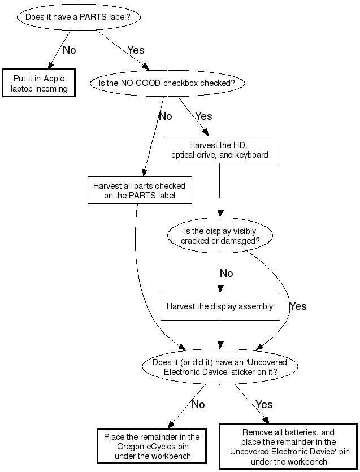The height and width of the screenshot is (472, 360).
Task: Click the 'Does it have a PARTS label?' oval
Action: click(x=79, y=17)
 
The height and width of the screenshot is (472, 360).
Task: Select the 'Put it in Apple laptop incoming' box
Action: click(x=39, y=83)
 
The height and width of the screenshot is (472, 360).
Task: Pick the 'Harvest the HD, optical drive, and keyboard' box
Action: click(x=219, y=150)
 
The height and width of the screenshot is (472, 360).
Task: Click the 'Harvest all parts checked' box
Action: click(x=139, y=190)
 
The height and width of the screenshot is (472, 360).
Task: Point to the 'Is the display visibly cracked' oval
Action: click(x=220, y=236)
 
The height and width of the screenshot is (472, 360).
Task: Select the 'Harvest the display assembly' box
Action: click(x=220, y=307)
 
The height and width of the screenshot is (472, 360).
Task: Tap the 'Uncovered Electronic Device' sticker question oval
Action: click(x=220, y=367)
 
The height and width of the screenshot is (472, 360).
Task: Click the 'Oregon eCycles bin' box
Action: click(x=151, y=447)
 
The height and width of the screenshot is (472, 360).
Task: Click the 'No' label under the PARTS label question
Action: click(x=69, y=50)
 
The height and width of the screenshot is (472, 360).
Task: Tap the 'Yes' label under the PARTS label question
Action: click(x=136, y=50)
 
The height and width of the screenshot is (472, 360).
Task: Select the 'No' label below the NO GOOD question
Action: click(x=165, y=116)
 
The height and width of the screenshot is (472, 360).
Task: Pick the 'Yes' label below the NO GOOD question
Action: click(x=203, y=116)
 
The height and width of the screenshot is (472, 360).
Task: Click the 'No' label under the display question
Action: click(x=226, y=274)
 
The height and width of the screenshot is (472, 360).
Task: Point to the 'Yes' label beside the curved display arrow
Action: click(x=298, y=306)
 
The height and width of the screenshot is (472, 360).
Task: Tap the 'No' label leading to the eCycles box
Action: click(x=198, y=405)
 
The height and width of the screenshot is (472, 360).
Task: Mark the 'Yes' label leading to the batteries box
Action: click(x=264, y=405)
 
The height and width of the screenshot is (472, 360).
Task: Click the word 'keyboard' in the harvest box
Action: click(x=252, y=154)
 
